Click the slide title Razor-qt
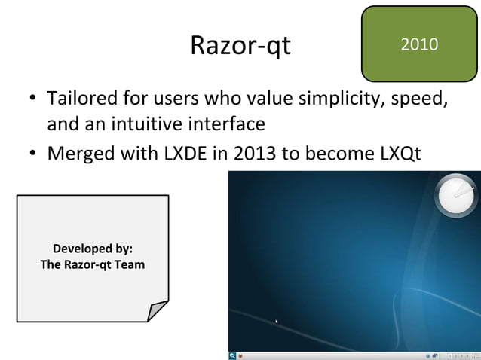pos(240,47)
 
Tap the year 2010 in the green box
pos(420,44)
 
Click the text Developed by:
pos(92,249)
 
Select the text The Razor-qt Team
pos(92,265)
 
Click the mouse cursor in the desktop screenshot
pos(277,323)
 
